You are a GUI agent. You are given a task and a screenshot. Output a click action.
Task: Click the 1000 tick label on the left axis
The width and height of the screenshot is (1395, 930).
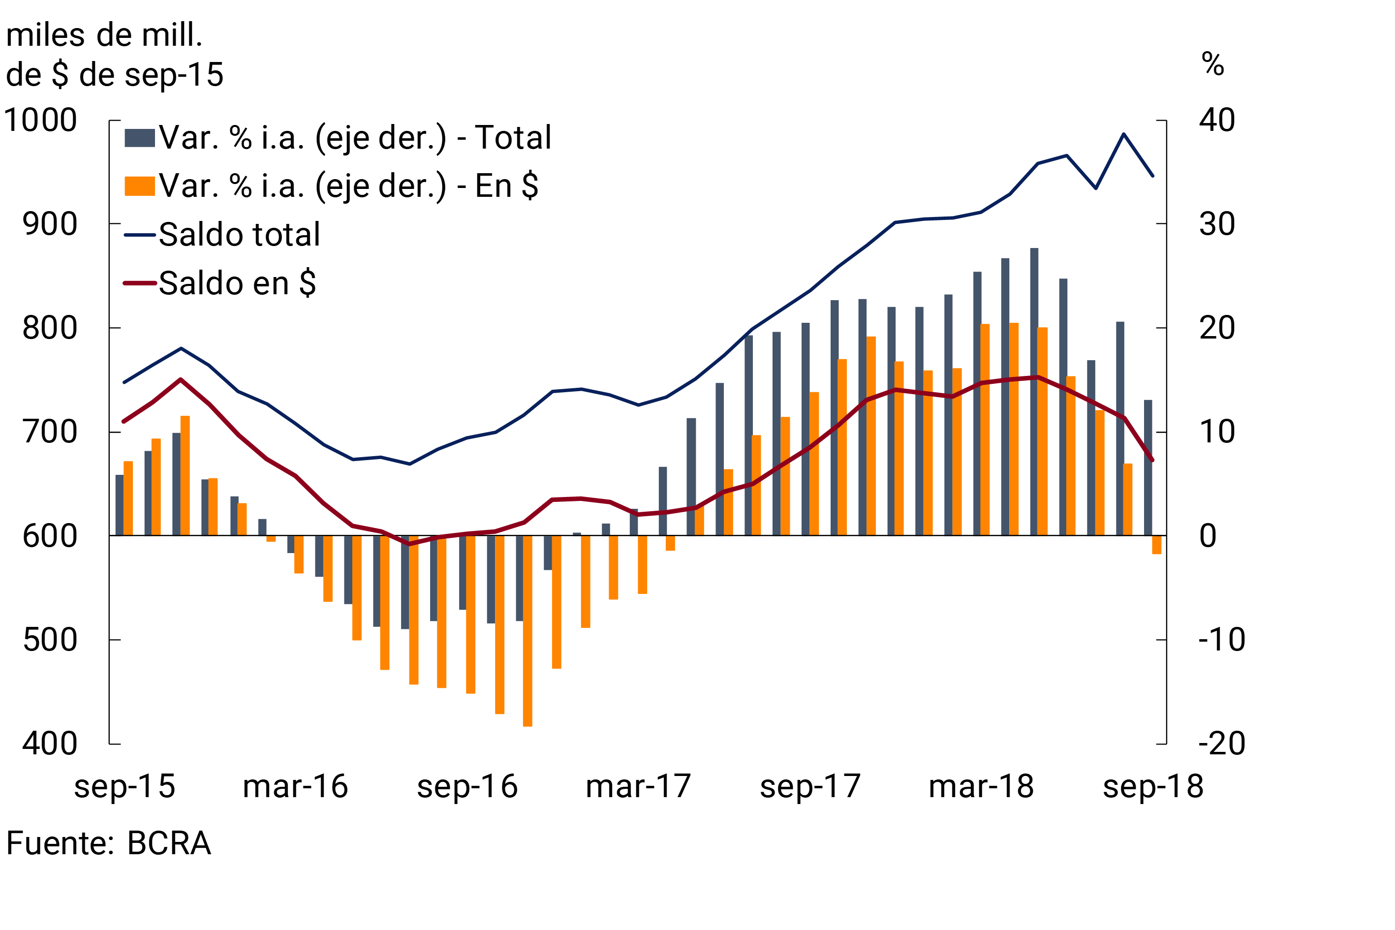pyautogui.click(x=40, y=121)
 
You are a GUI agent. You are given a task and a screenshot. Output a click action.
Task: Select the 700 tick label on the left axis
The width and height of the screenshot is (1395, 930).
pyautogui.click(x=50, y=432)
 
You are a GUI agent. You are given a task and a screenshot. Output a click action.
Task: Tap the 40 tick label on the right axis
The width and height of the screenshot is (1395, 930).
pyautogui.click(x=1217, y=121)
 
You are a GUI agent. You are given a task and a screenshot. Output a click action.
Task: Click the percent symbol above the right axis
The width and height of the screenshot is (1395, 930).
pyautogui.click(x=1212, y=64)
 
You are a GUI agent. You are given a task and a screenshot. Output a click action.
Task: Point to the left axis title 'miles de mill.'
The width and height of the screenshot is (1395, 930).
pyautogui.click(x=104, y=35)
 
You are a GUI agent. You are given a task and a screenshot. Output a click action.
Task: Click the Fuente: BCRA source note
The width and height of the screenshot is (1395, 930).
pyautogui.click(x=109, y=843)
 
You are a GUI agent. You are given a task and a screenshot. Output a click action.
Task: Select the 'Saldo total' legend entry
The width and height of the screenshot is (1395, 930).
pyautogui.click(x=239, y=234)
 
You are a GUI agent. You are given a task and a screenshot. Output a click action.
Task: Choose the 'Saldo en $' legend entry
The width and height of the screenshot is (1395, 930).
pyautogui.click(x=237, y=283)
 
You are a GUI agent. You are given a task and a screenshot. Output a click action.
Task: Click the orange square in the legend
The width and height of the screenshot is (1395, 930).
pyautogui.click(x=139, y=186)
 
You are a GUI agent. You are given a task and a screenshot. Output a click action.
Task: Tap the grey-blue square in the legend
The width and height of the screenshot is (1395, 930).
pyautogui.click(x=139, y=138)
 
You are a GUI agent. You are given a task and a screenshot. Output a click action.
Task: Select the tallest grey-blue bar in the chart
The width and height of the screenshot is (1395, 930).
pyautogui.click(x=1034, y=392)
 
